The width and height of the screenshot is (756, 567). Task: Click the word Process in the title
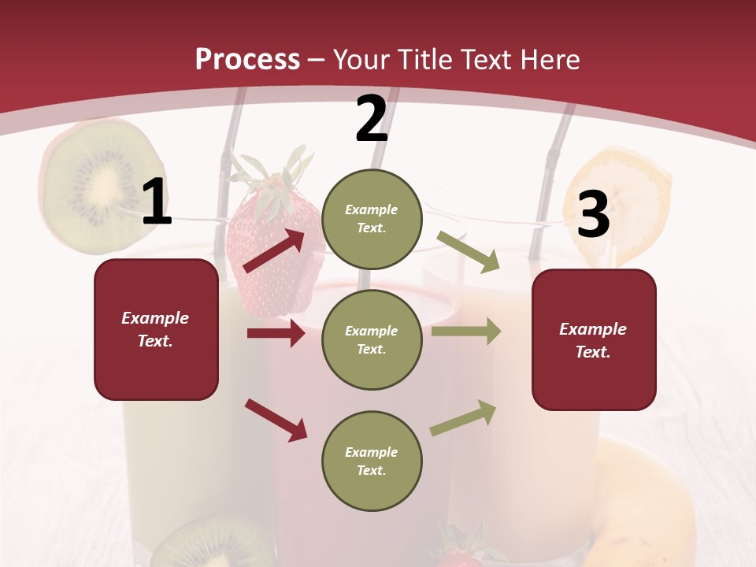point(247,59)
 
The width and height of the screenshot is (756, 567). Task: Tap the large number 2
point(372,120)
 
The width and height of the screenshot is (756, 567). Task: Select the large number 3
point(593,216)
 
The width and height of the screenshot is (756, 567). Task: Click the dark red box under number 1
point(156,329)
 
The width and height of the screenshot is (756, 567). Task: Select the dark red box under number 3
point(594,340)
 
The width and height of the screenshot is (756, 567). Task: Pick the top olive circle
point(372,219)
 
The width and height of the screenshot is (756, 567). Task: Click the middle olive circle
point(372,340)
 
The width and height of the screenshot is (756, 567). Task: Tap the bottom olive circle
point(372,461)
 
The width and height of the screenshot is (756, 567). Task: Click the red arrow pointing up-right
point(274,251)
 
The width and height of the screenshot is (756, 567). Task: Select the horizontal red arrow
point(276,333)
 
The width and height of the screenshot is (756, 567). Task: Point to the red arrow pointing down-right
point(276,420)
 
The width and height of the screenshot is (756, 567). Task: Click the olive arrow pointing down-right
point(469,252)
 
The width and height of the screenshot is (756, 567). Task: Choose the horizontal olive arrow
point(465,332)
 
